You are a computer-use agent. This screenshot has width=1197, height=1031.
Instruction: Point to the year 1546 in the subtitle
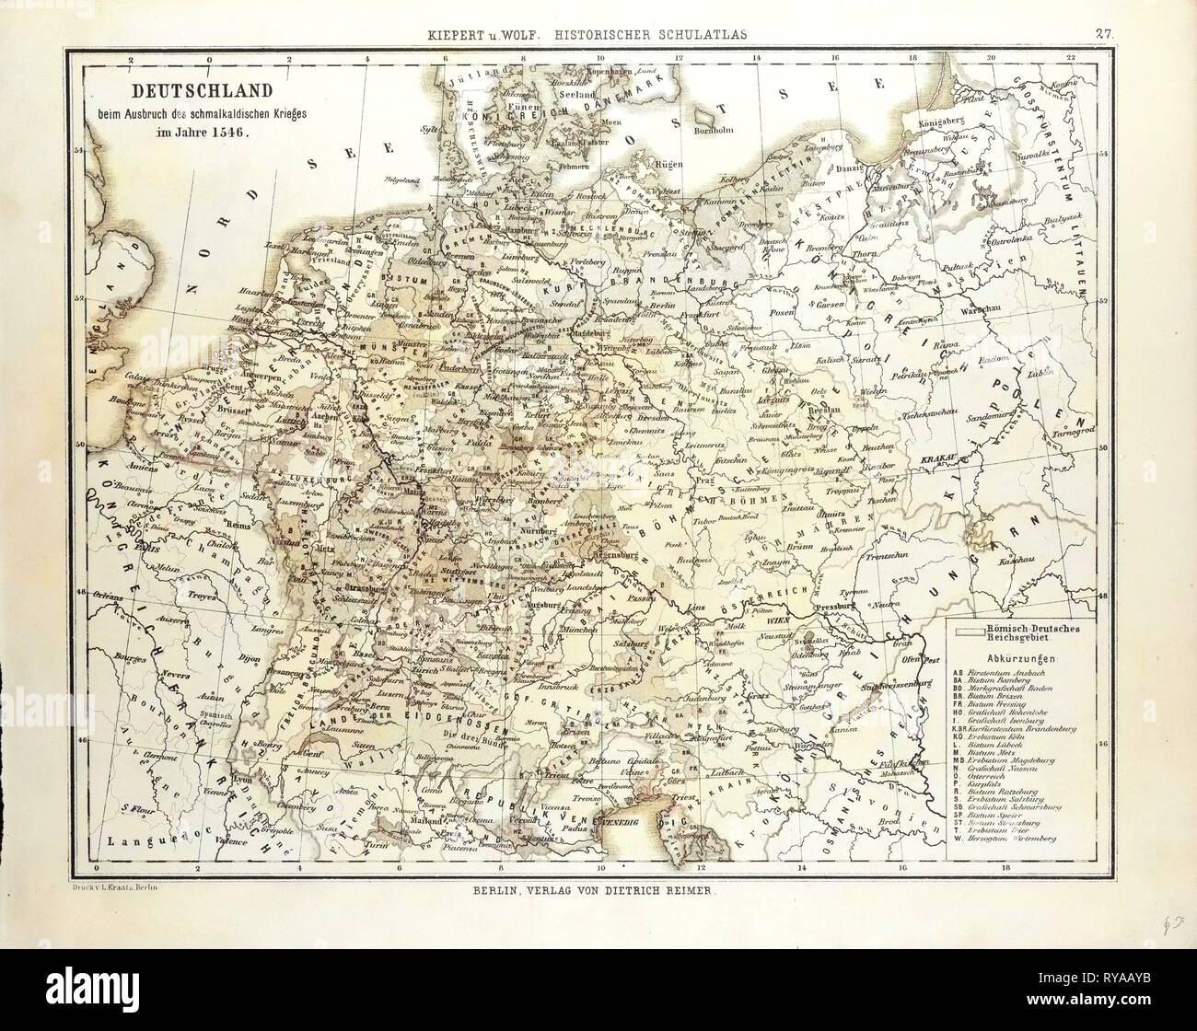coord(231,130)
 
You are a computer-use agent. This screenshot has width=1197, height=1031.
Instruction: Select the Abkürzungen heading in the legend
coord(1013,660)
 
